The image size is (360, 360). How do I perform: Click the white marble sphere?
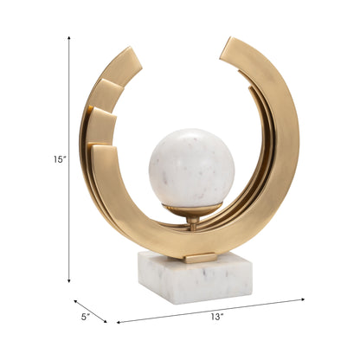(191, 168)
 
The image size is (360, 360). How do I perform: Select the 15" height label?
(58, 159)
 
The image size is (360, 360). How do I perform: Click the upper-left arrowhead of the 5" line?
(75, 302)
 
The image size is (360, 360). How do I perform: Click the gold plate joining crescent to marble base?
(200, 258)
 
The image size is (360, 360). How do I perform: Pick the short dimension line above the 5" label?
(90, 312)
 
